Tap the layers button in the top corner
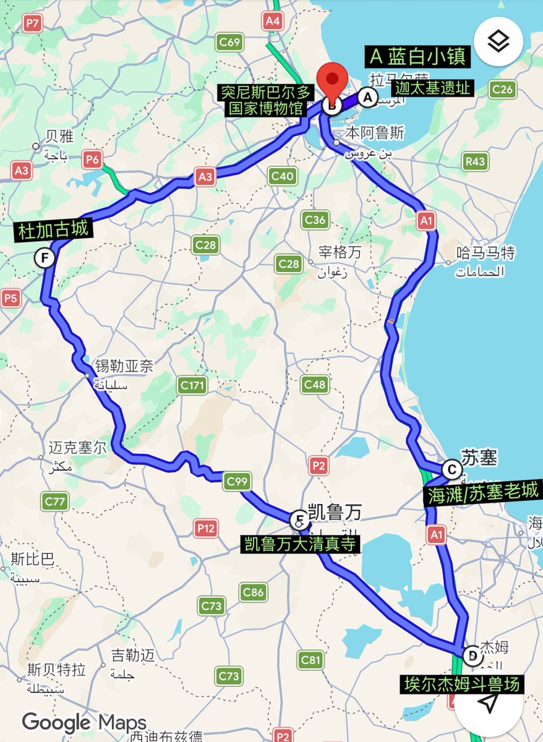(x=498, y=41)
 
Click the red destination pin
(x=333, y=84)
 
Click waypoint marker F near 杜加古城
(x=44, y=257)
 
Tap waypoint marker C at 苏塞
(x=452, y=470)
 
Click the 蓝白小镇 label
(x=417, y=58)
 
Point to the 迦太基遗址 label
(x=436, y=88)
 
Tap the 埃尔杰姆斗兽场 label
(x=461, y=684)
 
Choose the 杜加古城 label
(x=54, y=231)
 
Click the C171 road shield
(x=192, y=386)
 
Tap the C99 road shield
(x=237, y=480)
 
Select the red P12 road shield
(x=206, y=528)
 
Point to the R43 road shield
(x=476, y=162)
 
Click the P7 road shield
(x=32, y=24)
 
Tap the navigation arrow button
(x=489, y=702)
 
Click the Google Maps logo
(x=84, y=722)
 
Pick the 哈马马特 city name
(x=485, y=252)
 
